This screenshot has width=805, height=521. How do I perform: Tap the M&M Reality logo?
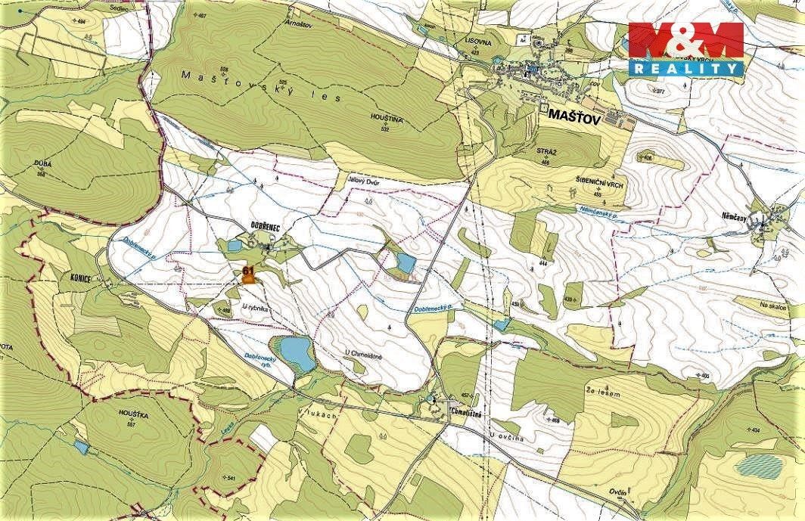686,49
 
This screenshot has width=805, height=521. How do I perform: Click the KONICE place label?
78,278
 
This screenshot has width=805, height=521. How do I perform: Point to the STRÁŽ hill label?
546,152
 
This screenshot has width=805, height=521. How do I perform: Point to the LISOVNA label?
480,43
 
